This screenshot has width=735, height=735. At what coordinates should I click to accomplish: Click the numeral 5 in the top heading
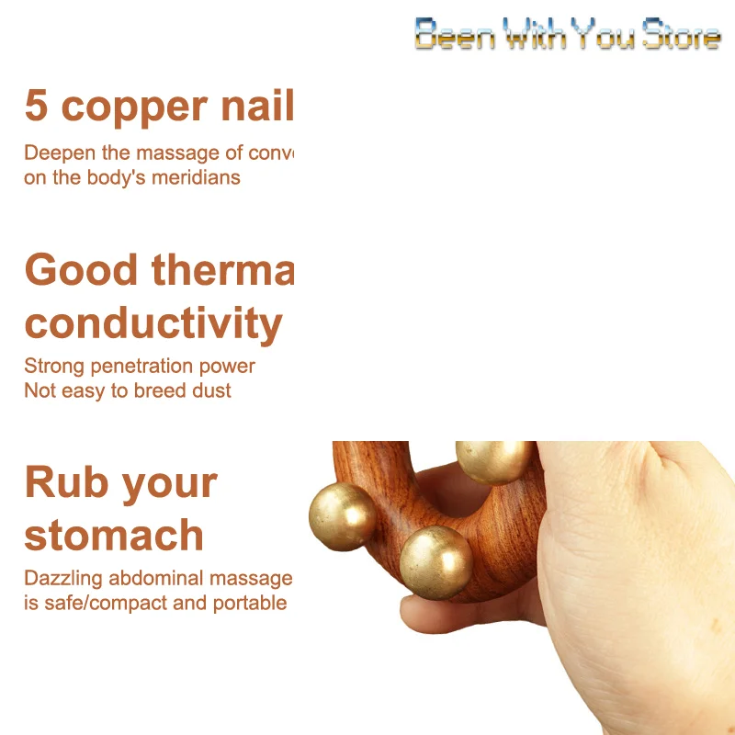pyautogui.click(x=36, y=106)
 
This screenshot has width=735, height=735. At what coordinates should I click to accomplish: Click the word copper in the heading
pyautogui.click(x=134, y=107)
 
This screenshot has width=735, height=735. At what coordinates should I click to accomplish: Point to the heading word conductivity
pyautogui.click(x=153, y=324)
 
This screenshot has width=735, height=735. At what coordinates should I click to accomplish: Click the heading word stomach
pyautogui.click(x=114, y=536)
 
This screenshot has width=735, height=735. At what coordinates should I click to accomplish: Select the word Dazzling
pyautogui.click(x=63, y=579)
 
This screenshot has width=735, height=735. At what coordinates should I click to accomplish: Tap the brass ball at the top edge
pyautogui.click(x=493, y=458)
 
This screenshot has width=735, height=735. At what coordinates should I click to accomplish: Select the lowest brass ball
pyautogui.click(x=435, y=560)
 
